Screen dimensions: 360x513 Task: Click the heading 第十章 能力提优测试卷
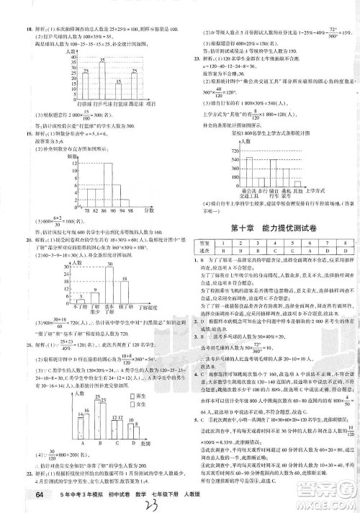point(273,228)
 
